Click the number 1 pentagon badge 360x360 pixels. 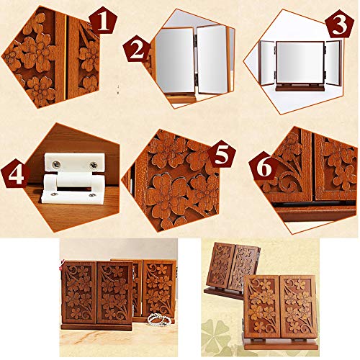pos(103,23)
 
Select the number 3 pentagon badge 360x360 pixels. pos(340,24)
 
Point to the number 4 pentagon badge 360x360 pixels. pos(16,174)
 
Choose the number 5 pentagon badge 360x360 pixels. pos(222,154)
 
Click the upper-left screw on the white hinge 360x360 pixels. pos(56,164)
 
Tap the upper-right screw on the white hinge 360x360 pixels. pos(94,165)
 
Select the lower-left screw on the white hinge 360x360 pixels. pos(54,194)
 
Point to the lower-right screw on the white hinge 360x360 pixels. pos(91,195)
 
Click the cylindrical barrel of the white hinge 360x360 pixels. pos(73,181)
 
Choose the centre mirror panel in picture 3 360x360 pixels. pos(300,63)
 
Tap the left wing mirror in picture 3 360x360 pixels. pos(268,63)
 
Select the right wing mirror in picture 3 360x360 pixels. pos(333,63)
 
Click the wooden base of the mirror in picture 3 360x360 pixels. pos(300,89)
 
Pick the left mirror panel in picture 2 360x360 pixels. pos(175,60)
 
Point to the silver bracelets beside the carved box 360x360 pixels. pos(159,319)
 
